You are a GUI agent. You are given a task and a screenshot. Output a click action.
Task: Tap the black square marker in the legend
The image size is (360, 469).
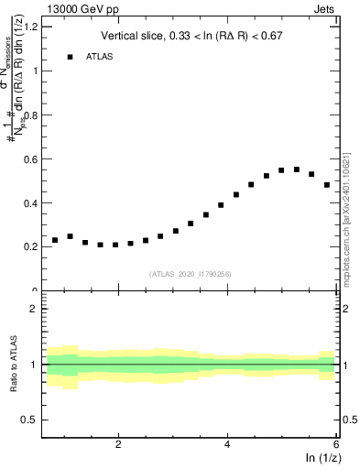click(x=70, y=57)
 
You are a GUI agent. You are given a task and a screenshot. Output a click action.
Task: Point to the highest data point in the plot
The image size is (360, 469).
click(x=296, y=169)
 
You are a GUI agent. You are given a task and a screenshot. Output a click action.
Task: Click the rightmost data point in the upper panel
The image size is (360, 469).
click(x=326, y=185)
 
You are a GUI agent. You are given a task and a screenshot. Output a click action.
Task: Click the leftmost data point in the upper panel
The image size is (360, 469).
click(x=55, y=240)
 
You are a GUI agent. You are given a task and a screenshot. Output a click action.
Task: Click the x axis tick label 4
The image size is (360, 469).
click(x=227, y=444)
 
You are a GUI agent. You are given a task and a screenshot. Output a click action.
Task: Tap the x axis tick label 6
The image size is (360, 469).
click(x=335, y=444)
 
